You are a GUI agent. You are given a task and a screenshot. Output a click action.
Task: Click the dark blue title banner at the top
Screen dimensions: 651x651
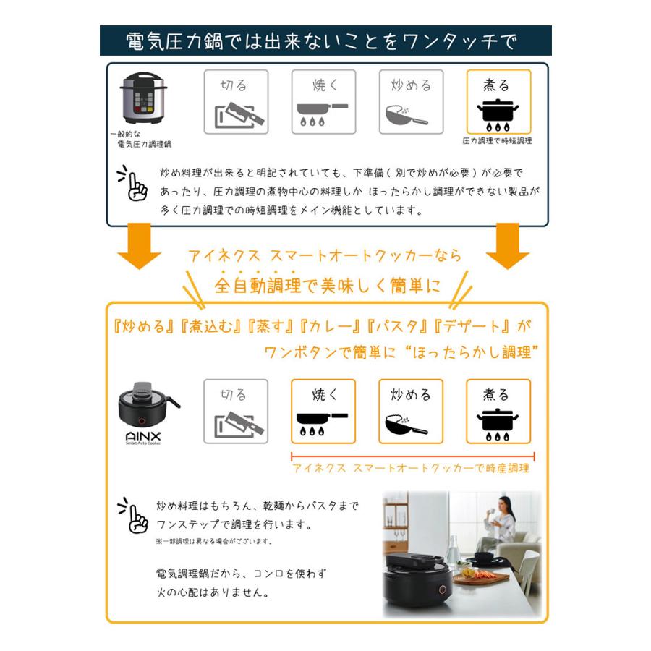point(325,41)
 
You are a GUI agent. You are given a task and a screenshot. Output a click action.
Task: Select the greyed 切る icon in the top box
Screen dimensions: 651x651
point(236,102)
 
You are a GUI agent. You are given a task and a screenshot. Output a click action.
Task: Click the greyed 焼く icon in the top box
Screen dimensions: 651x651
point(323,102)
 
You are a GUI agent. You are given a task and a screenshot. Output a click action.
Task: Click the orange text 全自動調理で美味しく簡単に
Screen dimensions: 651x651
point(326,284)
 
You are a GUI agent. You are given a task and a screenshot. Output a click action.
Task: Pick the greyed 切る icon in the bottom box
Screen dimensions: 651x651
point(236,411)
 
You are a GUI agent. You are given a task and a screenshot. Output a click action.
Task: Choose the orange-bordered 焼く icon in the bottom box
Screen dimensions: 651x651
point(323,411)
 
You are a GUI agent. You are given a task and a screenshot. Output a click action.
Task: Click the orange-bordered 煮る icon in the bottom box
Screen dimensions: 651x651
point(498,411)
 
